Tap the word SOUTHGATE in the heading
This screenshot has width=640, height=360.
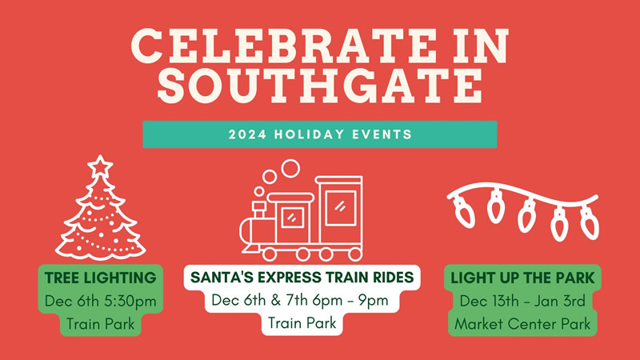(321, 86)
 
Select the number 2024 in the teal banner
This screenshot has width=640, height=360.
(247, 134)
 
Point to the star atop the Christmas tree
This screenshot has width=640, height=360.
(100, 166)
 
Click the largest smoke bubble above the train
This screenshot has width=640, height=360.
(290, 168)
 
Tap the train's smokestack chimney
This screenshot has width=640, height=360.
(258, 210)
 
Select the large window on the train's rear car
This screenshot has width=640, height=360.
(341, 208)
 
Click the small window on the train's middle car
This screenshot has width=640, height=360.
(292, 218)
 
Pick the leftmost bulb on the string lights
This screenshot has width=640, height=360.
(464, 211)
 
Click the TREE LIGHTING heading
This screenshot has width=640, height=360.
(101, 278)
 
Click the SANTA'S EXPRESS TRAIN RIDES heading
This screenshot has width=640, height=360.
(302, 278)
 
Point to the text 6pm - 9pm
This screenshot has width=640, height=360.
(350, 301)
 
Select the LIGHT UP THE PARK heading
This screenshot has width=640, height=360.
(522, 278)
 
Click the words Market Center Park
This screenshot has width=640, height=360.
(522, 324)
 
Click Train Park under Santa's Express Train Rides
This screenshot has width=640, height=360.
(302, 323)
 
